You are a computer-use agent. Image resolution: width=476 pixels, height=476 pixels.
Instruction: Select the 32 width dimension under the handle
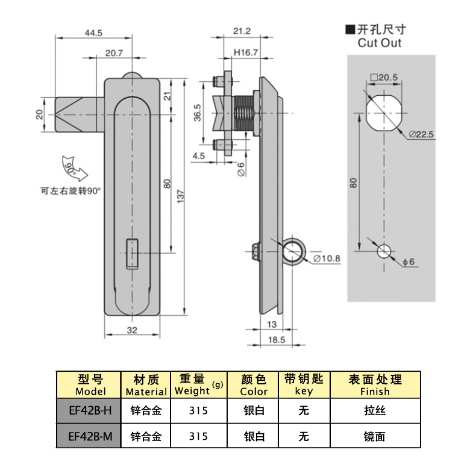click(133, 330)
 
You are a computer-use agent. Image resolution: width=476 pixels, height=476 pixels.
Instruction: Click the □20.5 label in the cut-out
click(383, 77)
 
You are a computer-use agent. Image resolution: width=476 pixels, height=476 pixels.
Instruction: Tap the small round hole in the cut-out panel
click(383, 251)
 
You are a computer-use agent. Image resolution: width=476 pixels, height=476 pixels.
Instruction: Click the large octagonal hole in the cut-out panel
click(383, 111)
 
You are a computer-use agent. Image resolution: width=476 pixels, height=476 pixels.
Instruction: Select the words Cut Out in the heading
click(379, 43)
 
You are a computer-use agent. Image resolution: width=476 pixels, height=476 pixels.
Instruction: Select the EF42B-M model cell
click(90, 436)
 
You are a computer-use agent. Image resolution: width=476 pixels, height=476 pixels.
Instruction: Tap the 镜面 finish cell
click(375, 436)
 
